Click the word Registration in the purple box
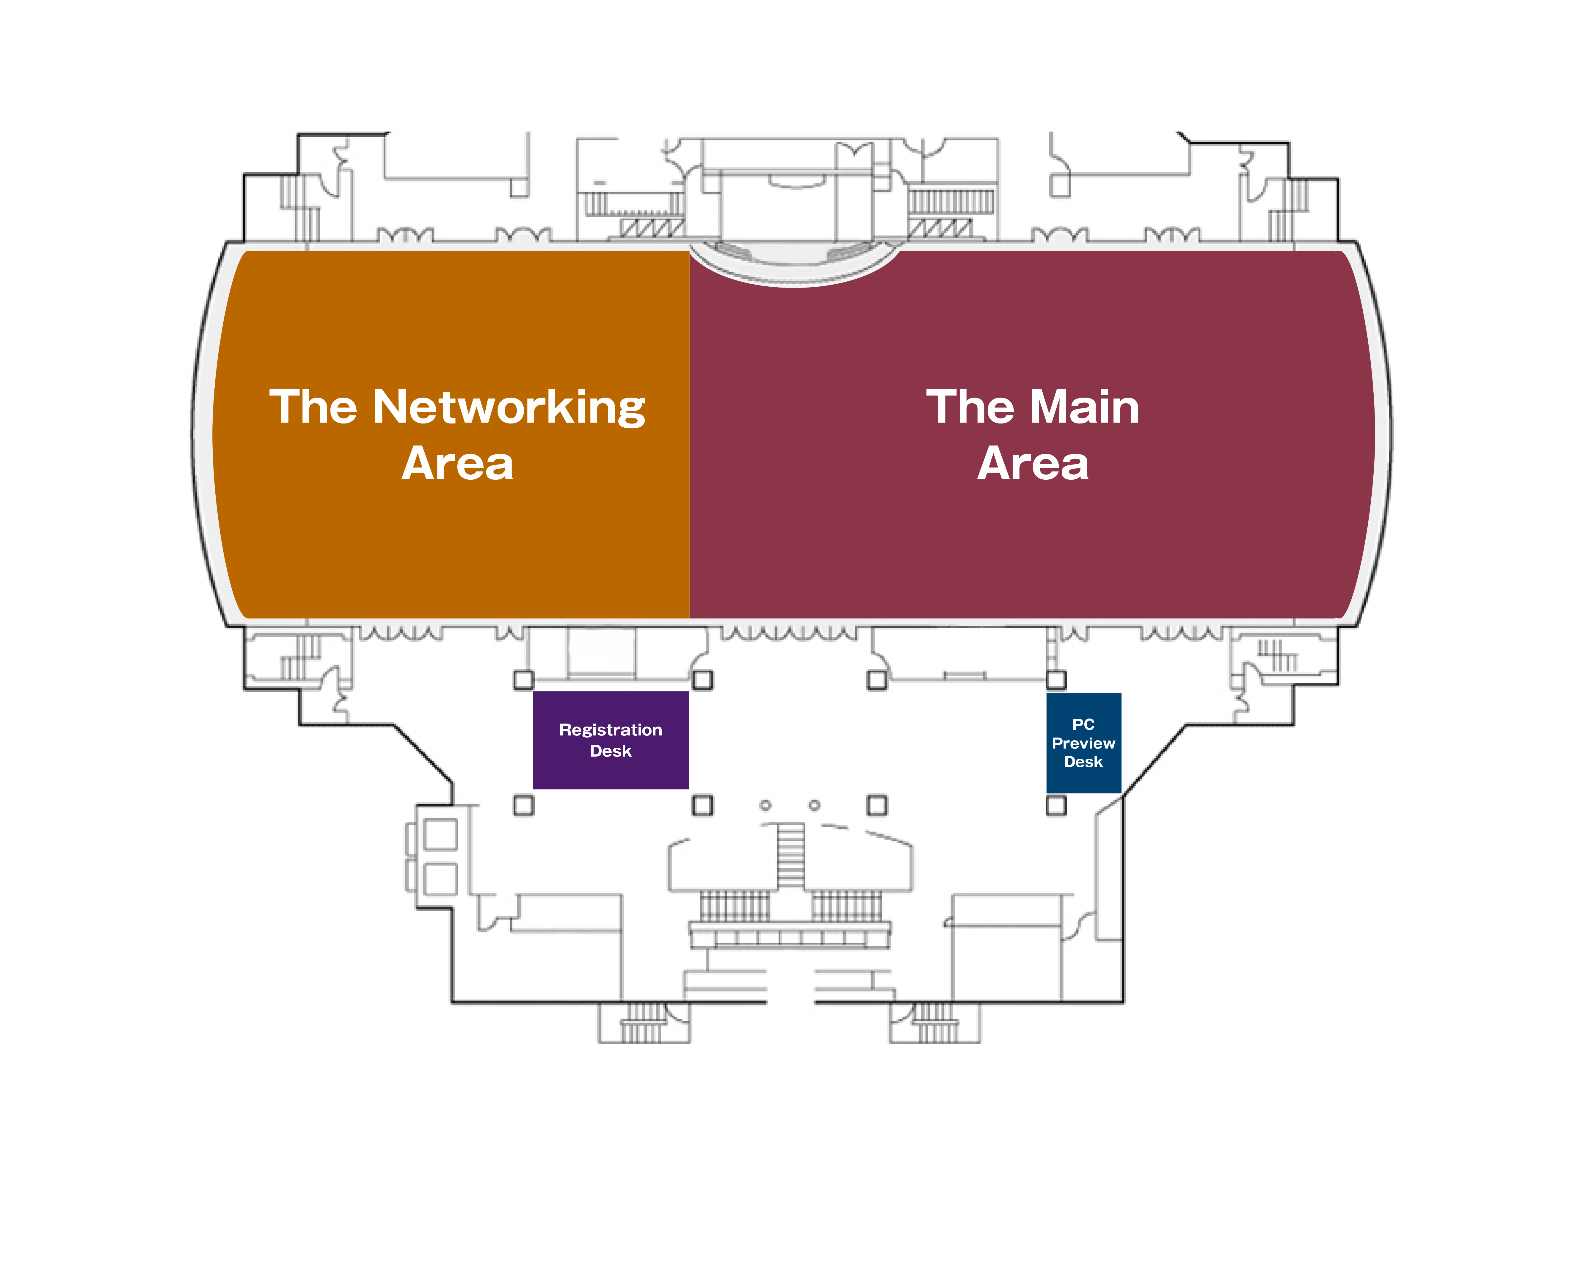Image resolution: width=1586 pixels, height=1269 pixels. [611, 730]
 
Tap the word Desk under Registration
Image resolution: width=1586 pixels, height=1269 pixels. [611, 751]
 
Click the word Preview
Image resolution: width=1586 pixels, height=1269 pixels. [1083, 743]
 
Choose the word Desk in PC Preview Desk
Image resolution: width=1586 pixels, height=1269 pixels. [1083, 762]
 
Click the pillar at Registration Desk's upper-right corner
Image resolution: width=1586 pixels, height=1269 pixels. [702, 680]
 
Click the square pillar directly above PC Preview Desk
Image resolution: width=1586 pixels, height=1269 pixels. [1056, 680]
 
